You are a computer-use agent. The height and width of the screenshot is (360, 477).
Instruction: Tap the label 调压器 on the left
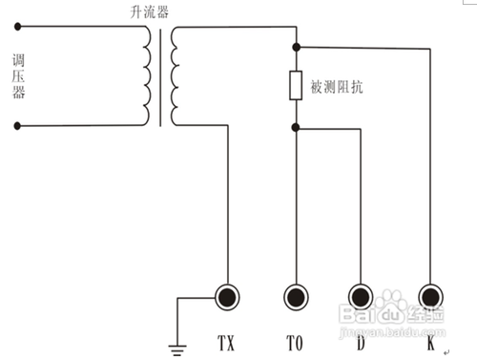pos(17,76)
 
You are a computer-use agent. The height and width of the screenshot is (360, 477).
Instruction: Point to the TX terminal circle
pos(227,298)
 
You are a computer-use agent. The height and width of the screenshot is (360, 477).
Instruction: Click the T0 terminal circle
pos(297,298)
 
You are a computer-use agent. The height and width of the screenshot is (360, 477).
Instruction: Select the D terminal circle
pos(361,298)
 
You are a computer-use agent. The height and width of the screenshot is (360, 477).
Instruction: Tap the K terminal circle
pos(430,298)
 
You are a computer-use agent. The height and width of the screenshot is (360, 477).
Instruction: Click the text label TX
pos(227,340)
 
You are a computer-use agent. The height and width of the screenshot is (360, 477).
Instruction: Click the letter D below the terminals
pos(360,340)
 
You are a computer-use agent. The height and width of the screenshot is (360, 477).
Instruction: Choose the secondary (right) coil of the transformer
pos(176,76)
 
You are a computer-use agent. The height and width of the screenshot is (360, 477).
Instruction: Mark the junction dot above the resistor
pos(297,47)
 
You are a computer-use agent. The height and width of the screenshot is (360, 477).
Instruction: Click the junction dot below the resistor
pos(297,126)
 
